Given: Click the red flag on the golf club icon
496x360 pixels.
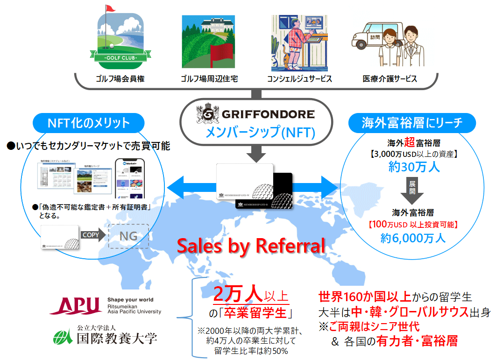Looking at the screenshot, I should tap(110, 9).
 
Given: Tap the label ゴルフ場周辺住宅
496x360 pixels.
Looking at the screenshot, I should tap(209, 79).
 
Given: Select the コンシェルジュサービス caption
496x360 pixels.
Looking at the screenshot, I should tap(299, 79).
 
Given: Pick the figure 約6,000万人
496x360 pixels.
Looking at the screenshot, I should tap(413, 238).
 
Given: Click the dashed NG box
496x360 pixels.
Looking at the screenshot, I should tap(128, 236).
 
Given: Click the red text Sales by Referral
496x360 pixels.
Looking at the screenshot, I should tap(251, 246).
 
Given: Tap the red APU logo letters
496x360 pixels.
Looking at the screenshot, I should tap(76, 305).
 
